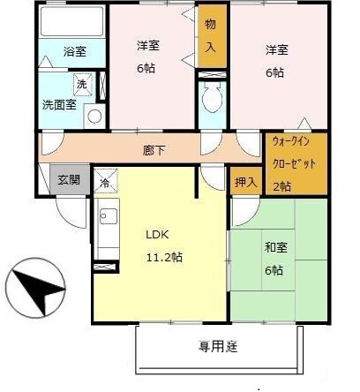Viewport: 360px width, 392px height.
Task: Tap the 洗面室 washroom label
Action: [59, 104]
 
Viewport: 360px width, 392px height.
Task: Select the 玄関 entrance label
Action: [69, 179]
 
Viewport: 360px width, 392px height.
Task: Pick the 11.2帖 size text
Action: [164, 257]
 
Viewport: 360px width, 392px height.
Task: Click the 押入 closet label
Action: [246, 182]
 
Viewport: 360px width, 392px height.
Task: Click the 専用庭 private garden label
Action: [218, 346]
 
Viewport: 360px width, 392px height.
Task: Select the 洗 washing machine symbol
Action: [81, 84]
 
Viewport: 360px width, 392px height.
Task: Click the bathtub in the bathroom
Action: [71, 23]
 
